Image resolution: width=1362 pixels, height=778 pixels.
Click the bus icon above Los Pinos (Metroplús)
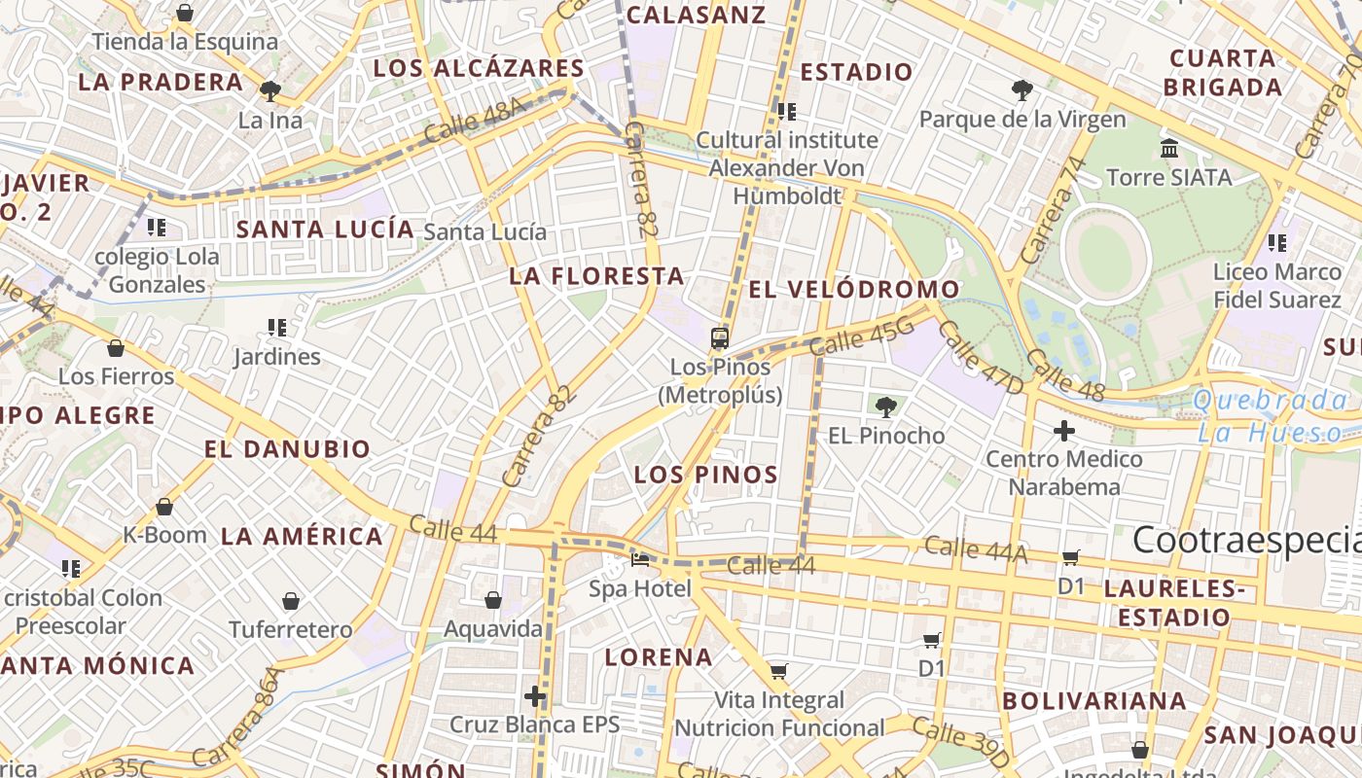point(720,338)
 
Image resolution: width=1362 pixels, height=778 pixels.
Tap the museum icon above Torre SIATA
point(1169,149)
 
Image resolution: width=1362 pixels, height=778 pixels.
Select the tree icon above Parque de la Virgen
point(1022,91)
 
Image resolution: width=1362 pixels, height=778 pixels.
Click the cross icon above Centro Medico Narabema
point(1064,430)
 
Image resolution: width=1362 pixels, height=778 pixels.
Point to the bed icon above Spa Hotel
point(640,560)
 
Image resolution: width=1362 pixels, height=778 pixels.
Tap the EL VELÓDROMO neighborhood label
point(854,290)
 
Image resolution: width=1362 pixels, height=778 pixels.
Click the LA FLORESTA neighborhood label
point(597,276)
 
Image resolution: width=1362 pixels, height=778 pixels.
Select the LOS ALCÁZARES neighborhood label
point(479,68)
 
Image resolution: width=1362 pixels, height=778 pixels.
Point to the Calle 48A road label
point(476,123)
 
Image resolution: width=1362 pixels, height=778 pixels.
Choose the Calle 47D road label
point(983,357)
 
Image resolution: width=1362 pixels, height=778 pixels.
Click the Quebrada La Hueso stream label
point(1271,416)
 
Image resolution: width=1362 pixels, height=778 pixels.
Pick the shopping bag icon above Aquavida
point(493,600)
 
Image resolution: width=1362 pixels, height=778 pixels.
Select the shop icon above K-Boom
point(164,507)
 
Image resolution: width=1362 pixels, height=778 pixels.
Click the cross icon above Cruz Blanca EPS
point(534,696)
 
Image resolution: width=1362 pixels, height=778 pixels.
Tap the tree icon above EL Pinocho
point(885,407)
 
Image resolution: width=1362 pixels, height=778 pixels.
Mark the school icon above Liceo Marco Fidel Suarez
point(1277,242)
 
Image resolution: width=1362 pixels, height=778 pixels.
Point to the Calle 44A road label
point(976,549)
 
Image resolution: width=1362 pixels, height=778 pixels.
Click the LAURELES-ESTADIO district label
point(1174,603)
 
